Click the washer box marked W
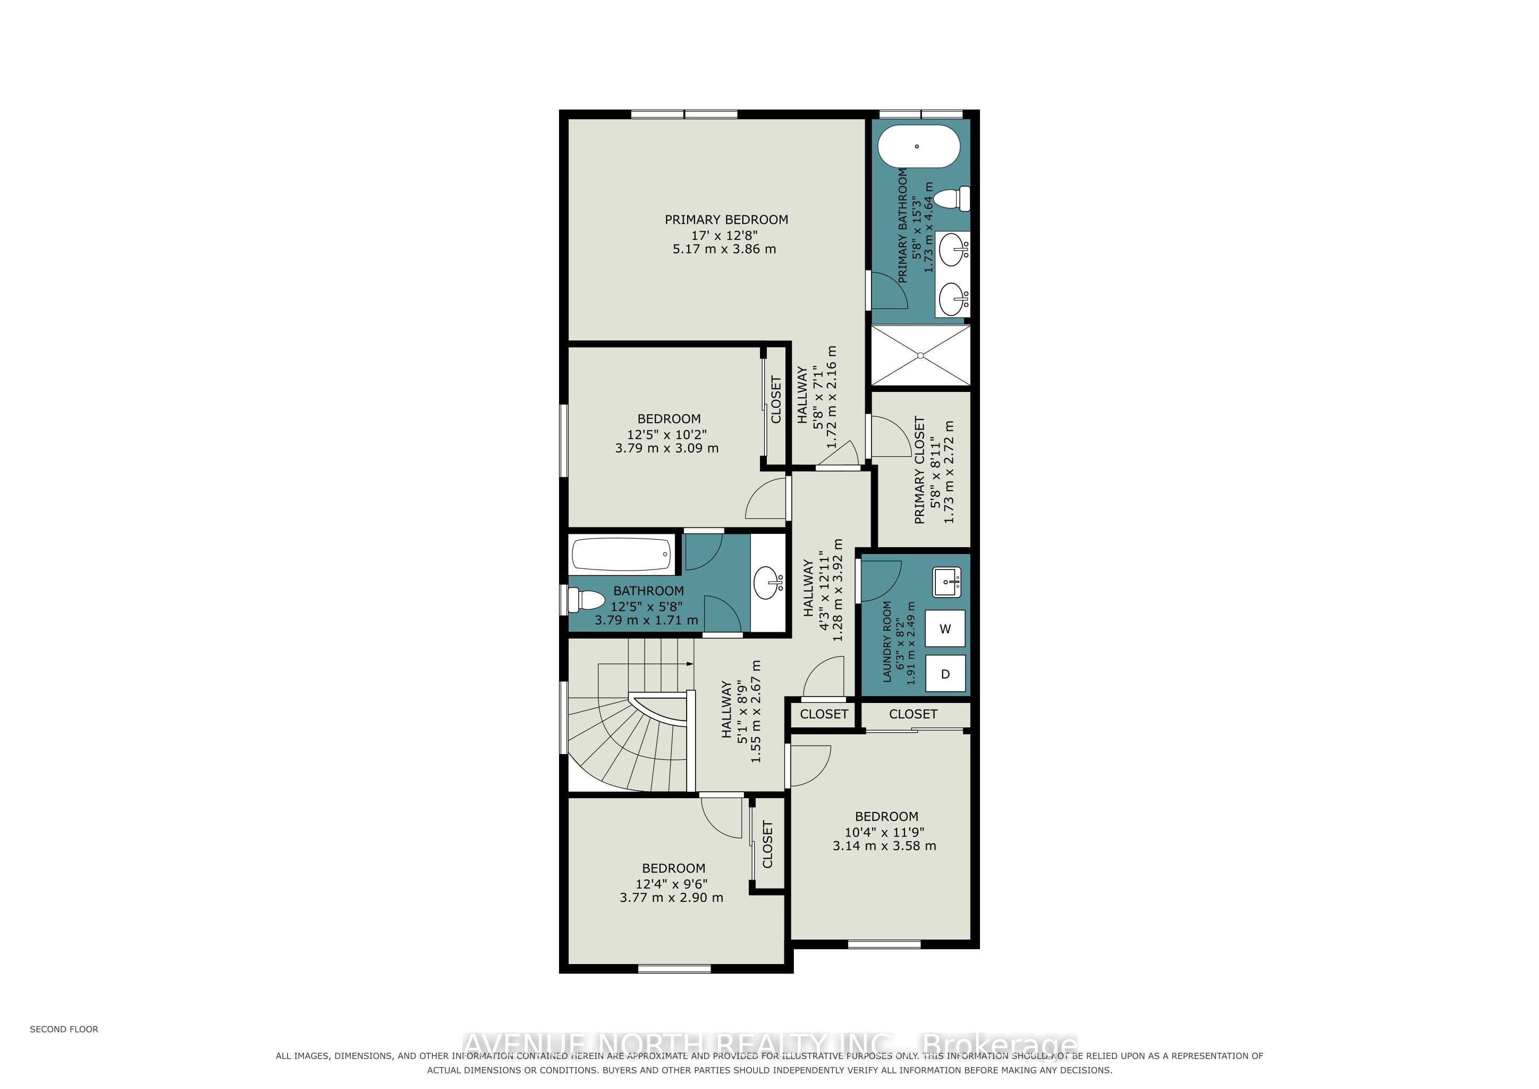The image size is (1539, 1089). coord(945,629)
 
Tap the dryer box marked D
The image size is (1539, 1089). coord(945,674)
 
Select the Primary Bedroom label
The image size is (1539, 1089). coord(726,219)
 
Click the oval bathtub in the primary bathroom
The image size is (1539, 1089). coord(919,146)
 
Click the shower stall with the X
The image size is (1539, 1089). coord(920,355)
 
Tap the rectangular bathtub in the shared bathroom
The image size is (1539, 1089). coord(621,554)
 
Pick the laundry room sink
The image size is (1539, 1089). coord(947,581)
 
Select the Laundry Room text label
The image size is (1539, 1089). coord(887,641)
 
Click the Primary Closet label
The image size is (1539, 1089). coord(920,470)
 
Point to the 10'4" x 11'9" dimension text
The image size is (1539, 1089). coord(884,832)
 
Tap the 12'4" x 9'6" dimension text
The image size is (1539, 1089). coord(672,884)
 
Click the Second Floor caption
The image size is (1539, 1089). coord(64,1029)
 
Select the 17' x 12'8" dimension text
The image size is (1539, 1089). coord(724,236)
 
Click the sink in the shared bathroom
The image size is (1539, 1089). coord(768,582)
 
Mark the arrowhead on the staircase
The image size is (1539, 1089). coord(690,663)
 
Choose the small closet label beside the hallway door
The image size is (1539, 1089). coord(824,714)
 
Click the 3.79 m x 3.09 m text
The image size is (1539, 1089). coord(667,448)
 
